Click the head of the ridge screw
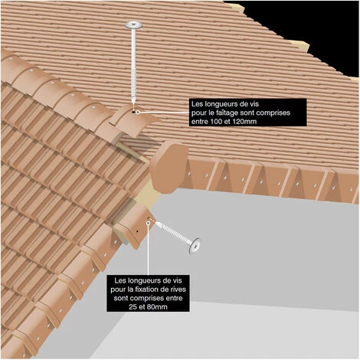(133, 25)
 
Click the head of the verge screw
(195, 246)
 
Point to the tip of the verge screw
(156, 223)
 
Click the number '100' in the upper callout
(217, 122)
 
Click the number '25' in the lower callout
(133, 306)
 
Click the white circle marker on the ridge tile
(138, 112)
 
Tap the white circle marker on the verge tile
(148, 223)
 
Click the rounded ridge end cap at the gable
(169, 166)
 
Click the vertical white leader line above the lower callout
(148, 250)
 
